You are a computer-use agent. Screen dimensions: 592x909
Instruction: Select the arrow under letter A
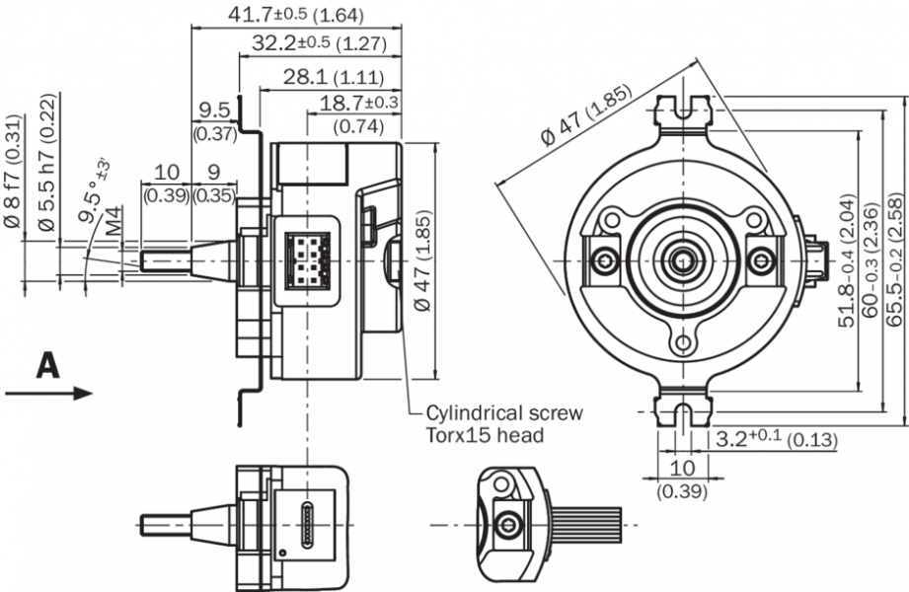(x=48, y=393)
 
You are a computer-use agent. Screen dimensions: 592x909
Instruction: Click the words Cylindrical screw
(x=503, y=412)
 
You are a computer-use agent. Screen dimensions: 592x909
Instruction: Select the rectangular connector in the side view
(x=307, y=261)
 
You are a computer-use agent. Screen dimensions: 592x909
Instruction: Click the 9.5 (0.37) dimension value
(x=212, y=109)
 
